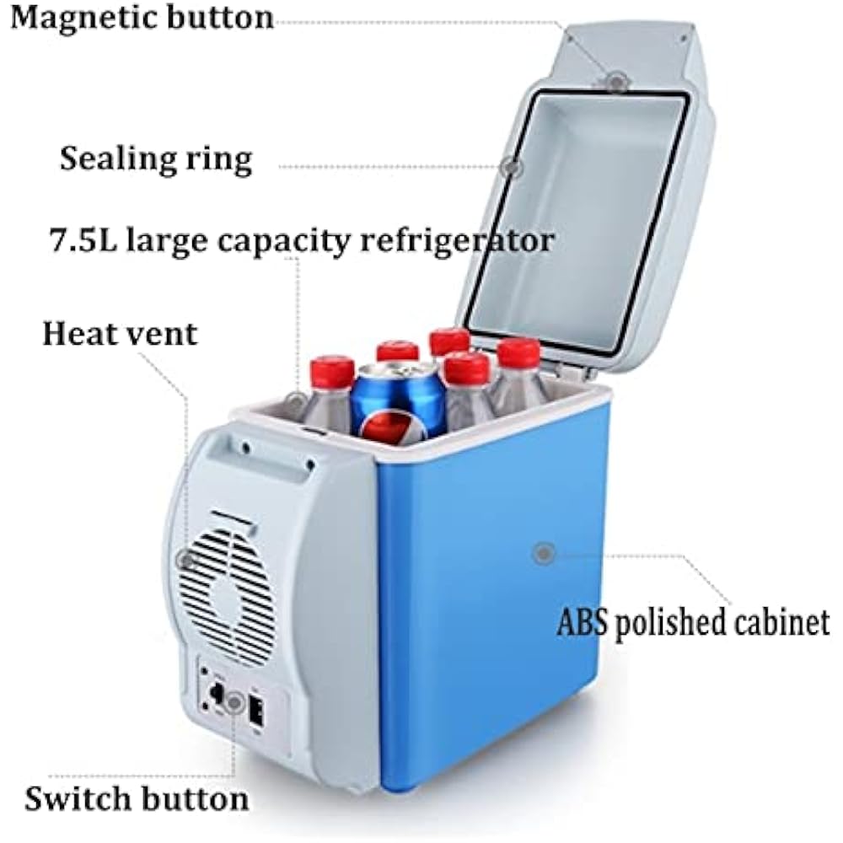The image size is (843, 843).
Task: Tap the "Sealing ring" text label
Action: [156, 158]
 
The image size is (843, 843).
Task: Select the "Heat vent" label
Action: [120, 334]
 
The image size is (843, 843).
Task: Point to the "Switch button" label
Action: [137, 797]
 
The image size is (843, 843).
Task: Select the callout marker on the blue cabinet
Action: [544, 554]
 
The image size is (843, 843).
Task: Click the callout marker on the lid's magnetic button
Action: [616, 82]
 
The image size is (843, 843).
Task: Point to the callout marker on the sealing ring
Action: [511, 167]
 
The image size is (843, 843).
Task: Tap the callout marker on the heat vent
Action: [185, 559]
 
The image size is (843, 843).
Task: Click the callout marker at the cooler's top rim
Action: [296, 400]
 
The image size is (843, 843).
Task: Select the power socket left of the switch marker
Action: [214, 694]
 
